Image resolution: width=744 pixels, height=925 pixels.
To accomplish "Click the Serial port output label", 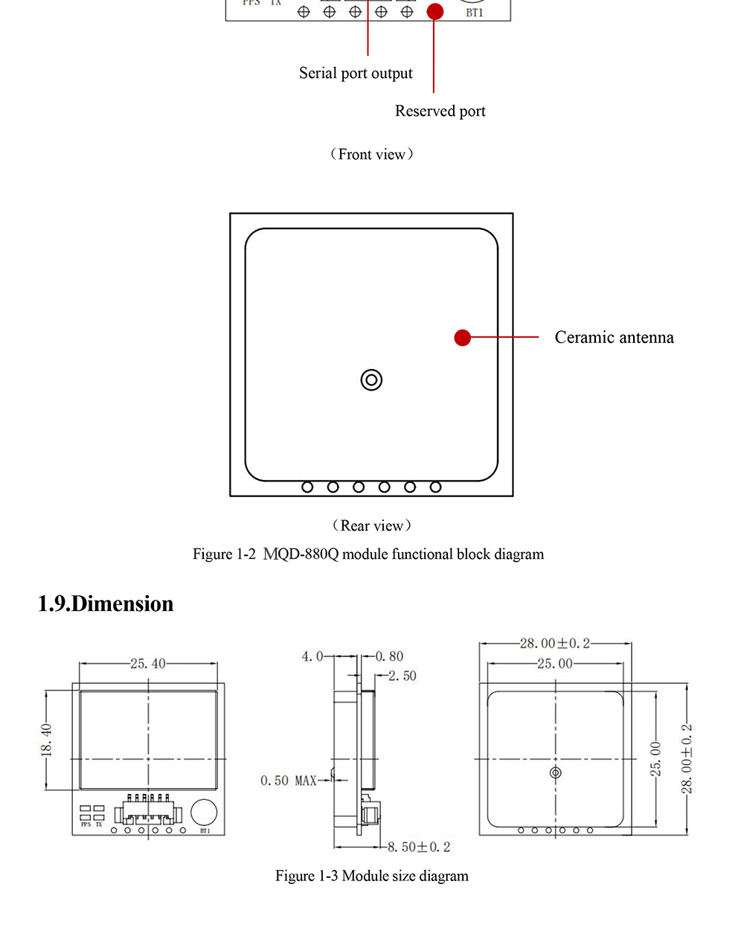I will point(356,73).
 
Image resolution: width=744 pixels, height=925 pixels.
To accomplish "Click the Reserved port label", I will point(440,111).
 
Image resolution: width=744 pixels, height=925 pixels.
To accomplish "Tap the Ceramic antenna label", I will point(614,337).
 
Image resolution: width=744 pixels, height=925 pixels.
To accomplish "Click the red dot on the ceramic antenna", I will point(463,338).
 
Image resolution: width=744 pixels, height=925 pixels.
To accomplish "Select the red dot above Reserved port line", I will point(435,11).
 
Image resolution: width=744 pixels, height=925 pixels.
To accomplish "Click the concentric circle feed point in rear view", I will point(371,380).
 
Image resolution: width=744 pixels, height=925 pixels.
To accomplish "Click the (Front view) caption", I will point(371,154).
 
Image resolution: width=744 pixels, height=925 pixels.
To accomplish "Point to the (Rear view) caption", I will point(371,525).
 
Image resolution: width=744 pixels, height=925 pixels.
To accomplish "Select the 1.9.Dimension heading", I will point(106,604).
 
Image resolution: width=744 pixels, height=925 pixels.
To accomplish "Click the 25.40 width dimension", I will point(148,663).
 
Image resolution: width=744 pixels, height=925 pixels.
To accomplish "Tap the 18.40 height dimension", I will point(46,740).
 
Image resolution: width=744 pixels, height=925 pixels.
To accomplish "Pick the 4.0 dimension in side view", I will point(312,656).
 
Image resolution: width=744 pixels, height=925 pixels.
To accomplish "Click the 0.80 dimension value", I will point(389,656).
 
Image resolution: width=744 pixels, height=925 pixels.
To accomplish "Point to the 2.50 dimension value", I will point(402,676).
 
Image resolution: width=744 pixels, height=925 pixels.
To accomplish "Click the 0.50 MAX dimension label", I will point(288,781).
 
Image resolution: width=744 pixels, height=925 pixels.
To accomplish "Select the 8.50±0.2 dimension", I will point(418,847).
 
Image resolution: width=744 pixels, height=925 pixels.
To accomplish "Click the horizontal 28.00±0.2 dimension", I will point(554,643).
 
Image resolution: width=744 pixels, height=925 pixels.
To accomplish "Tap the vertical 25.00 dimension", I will point(655,758).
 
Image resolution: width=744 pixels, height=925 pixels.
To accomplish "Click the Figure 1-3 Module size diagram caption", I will point(371,876).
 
